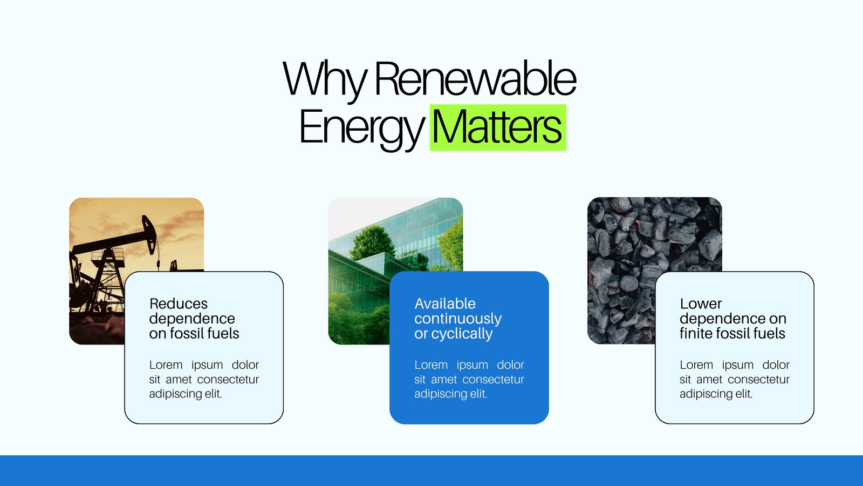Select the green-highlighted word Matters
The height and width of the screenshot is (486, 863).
497,127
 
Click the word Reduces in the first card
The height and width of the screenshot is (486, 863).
179,304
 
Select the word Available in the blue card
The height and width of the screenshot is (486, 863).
445,304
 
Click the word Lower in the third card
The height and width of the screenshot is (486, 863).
701,304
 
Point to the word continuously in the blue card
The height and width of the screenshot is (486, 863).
458,319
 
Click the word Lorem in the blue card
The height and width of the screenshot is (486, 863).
431,364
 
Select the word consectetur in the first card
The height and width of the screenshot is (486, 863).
228,380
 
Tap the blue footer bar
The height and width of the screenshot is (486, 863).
432,470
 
